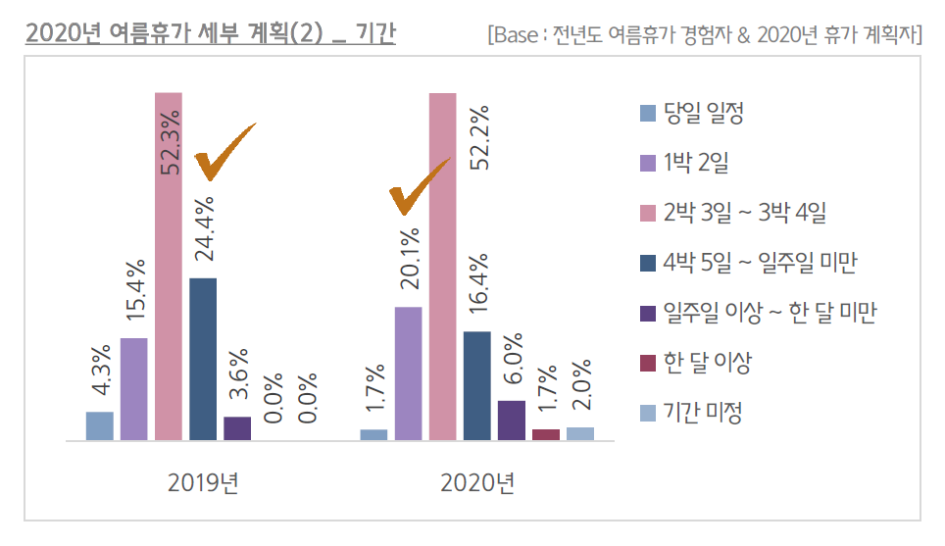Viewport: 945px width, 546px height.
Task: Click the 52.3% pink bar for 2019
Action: pyautogui.click(x=169, y=267)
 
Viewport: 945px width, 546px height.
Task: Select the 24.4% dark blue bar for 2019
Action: pyautogui.click(x=203, y=359)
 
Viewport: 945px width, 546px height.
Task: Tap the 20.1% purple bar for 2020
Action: pyautogui.click(x=408, y=373)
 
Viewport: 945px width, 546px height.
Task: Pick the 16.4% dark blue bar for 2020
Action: pyautogui.click(x=476, y=386)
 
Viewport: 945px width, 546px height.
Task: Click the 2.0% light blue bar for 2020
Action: pyautogui.click(x=579, y=434)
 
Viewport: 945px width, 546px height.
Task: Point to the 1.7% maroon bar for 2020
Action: pyautogui.click(x=545, y=435)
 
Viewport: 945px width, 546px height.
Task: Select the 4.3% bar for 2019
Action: pyautogui.click(x=100, y=426)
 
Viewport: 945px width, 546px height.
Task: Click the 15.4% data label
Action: pyautogui.click(x=134, y=292)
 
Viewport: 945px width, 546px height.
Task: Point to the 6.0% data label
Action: pyautogui.click(x=512, y=362)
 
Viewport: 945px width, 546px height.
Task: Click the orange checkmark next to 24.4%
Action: pyautogui.click(x=224, y=153)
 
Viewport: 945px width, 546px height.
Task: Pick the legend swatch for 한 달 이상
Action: pyautogui.click(x=647, y=364)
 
